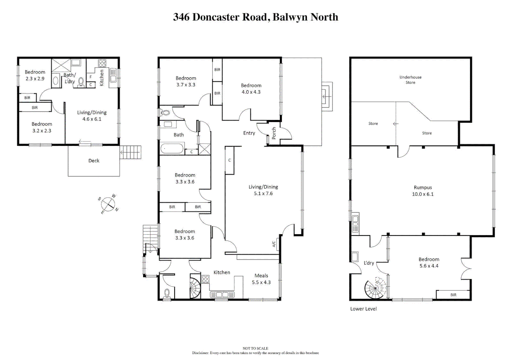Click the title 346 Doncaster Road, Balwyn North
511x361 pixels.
255,17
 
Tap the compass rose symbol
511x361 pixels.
108,204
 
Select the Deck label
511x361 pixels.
94,161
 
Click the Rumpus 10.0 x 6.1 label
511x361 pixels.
423,191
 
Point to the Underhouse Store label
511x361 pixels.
410,80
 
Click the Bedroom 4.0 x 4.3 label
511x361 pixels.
251,89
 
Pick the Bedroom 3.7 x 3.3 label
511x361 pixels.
186,81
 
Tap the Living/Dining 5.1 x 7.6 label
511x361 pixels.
263,190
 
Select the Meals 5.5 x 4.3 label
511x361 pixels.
261,279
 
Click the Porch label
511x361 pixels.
274,133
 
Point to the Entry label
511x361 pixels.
249,133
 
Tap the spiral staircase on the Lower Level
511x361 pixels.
375,288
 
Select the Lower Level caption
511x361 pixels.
363,309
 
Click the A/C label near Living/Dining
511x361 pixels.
274,244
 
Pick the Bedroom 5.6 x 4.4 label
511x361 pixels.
429,262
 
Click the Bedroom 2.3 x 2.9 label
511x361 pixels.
35,75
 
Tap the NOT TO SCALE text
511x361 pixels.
255,348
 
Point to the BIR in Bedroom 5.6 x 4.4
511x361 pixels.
453,295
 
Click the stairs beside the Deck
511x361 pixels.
131,152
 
